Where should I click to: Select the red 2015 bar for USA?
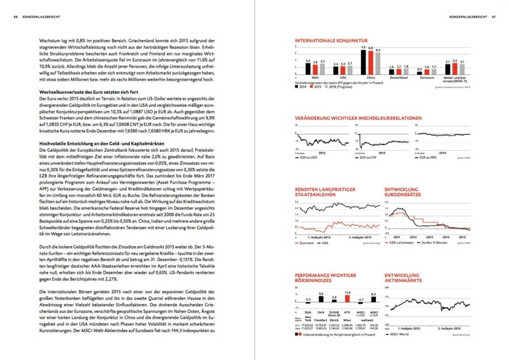click(342, 70)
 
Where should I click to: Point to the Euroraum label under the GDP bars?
click(426, 78)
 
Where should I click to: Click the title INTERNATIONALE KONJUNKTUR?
click(331, 40)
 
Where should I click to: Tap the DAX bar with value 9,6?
click(321, 300)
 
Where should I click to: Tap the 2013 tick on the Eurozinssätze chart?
click(430, 237)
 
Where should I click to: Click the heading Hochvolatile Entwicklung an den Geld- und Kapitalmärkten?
click(98, 143)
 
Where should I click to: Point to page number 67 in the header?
click(494, 16)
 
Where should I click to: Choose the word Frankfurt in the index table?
click(321, 317)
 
